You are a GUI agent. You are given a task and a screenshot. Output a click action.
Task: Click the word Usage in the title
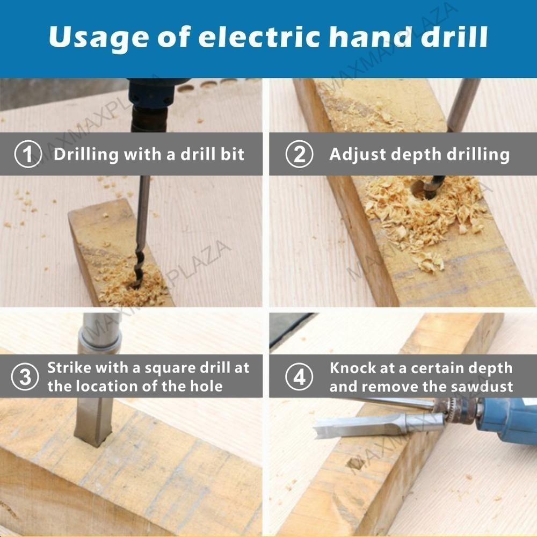click(x=99, y=38)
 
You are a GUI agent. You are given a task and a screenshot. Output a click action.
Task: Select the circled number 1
click(x=28, y=154)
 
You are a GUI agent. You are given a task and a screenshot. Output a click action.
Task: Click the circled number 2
click(x=299, y=154)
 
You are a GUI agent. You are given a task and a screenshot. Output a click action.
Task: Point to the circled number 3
click(x=25, y=377)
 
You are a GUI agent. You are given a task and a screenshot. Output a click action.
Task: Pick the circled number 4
click(x=299, y=377)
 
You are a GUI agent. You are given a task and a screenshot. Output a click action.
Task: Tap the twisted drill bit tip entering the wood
click(x=139, y=271)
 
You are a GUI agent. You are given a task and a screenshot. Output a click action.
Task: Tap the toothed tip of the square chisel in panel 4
click(x=322, y=432)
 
